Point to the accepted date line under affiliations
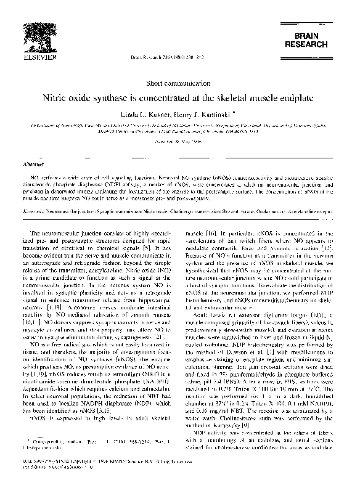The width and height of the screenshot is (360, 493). tap(179, 141)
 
